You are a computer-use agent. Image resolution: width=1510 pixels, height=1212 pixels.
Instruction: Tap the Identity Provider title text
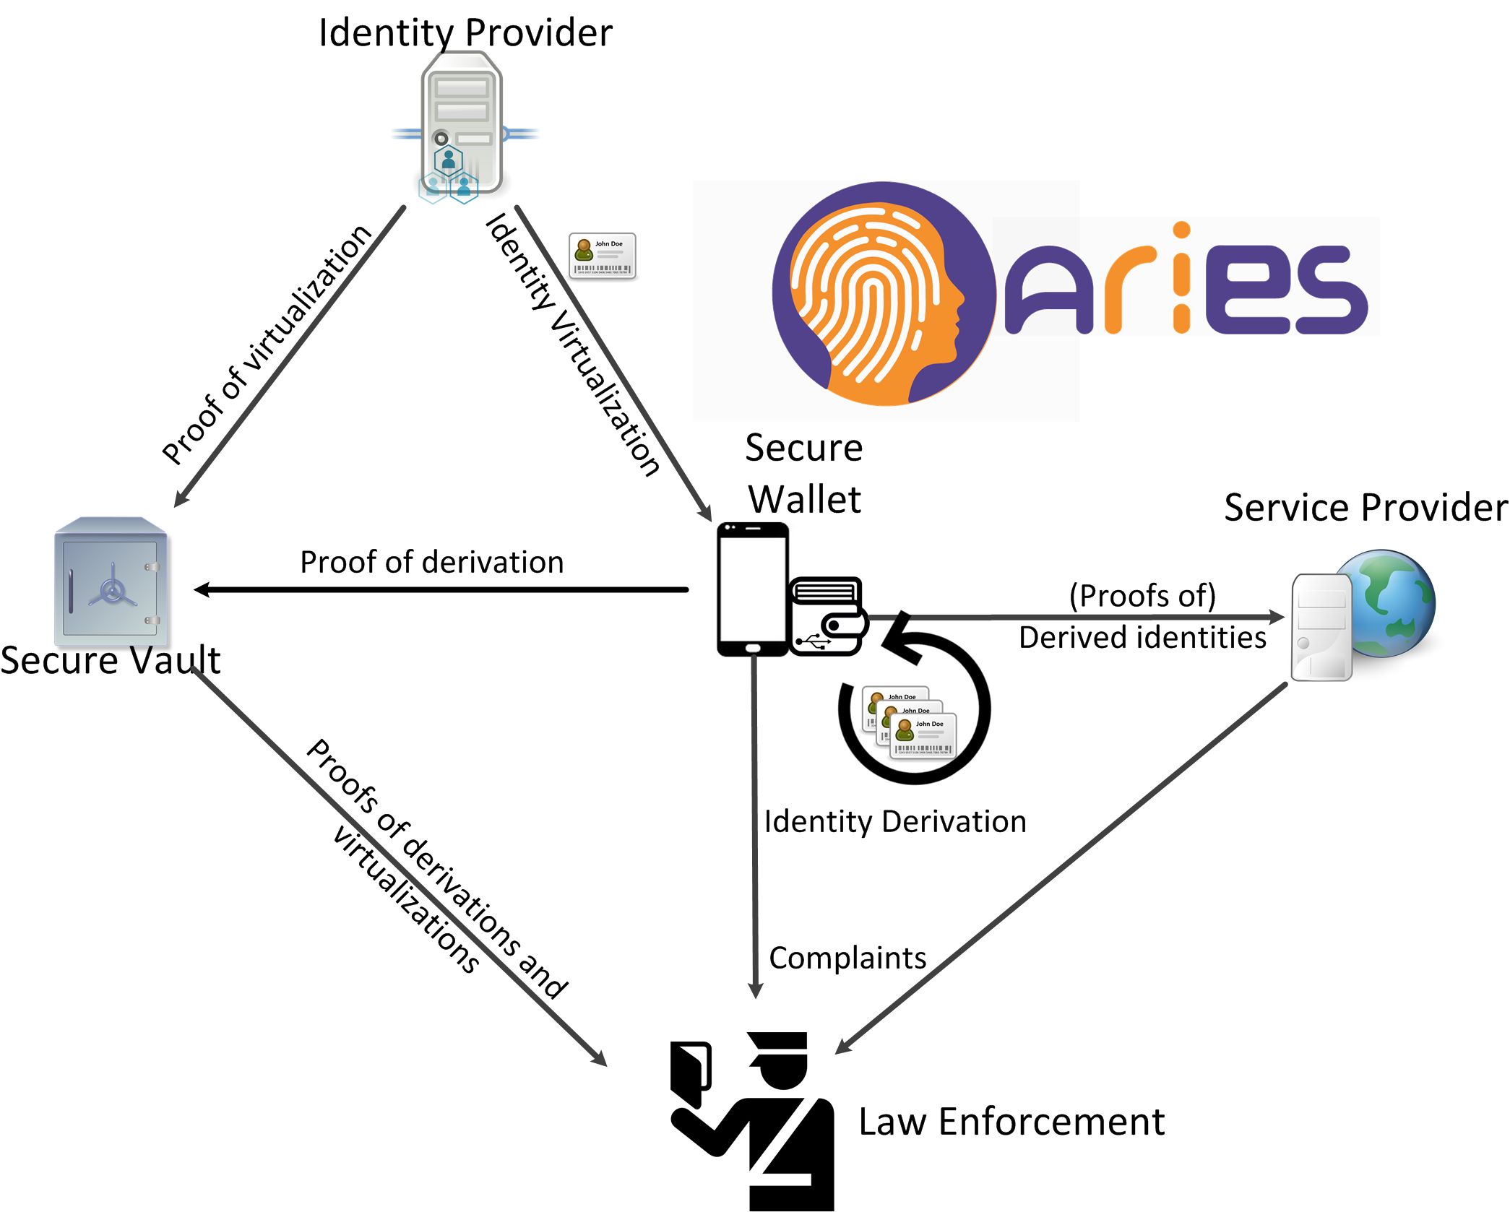tap(465, 33)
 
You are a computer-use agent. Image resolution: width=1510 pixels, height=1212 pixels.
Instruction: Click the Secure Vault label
tap(110, 660)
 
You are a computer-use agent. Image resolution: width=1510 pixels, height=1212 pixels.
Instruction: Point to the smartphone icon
tap(752, 589)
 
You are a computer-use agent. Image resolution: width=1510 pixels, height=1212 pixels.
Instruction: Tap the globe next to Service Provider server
tap(1390, 602)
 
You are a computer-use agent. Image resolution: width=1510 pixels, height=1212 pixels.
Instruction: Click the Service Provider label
tap(1366, 507)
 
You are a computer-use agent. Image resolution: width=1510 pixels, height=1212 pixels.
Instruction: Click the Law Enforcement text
tap(1011, 1122)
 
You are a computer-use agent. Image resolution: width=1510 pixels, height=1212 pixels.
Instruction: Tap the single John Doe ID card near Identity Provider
tap(603, 256)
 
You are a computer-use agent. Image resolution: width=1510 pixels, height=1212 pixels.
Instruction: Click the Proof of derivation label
tap(432, 562)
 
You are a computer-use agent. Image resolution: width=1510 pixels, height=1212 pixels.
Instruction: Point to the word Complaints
tap(847, 958)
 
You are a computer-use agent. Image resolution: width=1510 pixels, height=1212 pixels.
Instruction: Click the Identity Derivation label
tap(895, 822)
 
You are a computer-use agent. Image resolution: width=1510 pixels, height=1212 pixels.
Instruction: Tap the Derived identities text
tap(1142, 638)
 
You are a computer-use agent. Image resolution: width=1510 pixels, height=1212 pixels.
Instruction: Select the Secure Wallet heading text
tap(804, 474)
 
